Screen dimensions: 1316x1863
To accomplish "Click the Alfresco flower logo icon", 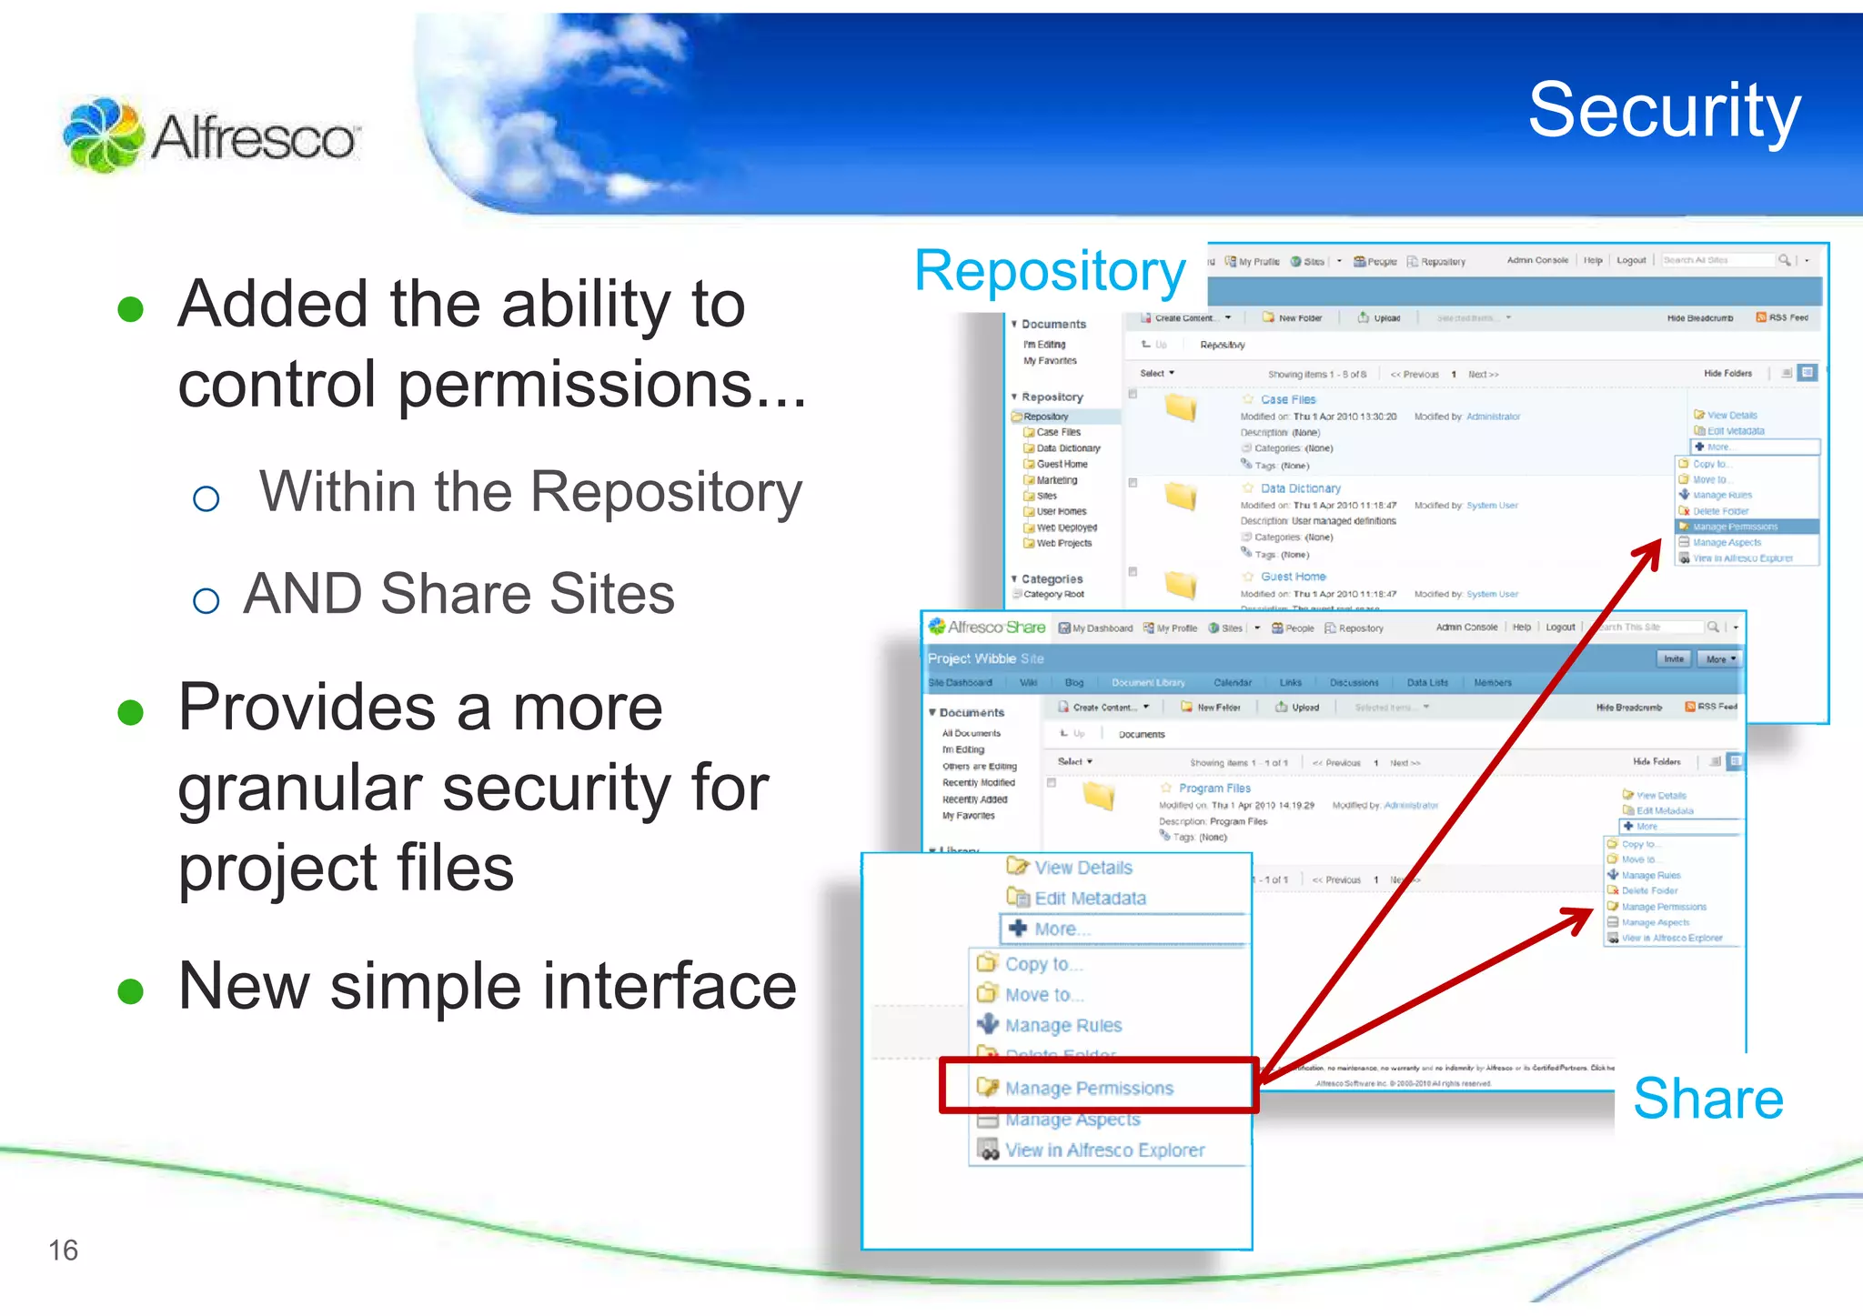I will (x=102, y=136).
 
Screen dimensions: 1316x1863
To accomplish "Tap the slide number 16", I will (x=63, y=1251).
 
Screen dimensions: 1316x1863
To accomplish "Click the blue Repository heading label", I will (x=1049, y=270).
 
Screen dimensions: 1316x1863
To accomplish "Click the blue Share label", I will (x=1707, y=1099).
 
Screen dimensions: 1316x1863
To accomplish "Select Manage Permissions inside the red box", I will (x=1088, y=1088).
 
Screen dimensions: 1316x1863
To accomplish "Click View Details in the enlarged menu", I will (x=1083, y=868).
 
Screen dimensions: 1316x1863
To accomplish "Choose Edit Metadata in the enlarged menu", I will (x=1090, y=899).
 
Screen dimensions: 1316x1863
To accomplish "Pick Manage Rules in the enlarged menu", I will (x=1062, y=1025).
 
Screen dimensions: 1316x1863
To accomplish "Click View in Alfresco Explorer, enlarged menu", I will (x=1103, y=1150).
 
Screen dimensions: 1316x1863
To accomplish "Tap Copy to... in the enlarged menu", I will (x=1042, y=964).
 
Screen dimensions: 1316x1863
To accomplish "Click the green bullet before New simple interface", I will (x=131, y=990).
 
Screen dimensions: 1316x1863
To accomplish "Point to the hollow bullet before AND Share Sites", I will (x=206, y=600).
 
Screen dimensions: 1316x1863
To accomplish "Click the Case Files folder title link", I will (x=1287, y=399).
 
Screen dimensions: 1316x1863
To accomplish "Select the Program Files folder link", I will (x=1213, y=789).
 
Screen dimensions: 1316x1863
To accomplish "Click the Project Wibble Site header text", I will (x=985, y=658).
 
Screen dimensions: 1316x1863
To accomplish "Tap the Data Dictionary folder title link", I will (x=1300, y=488).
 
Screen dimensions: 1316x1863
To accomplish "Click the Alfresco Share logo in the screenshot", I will (x=986, y=628).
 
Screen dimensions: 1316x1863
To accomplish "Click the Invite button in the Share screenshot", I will (x=1673, y=658).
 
